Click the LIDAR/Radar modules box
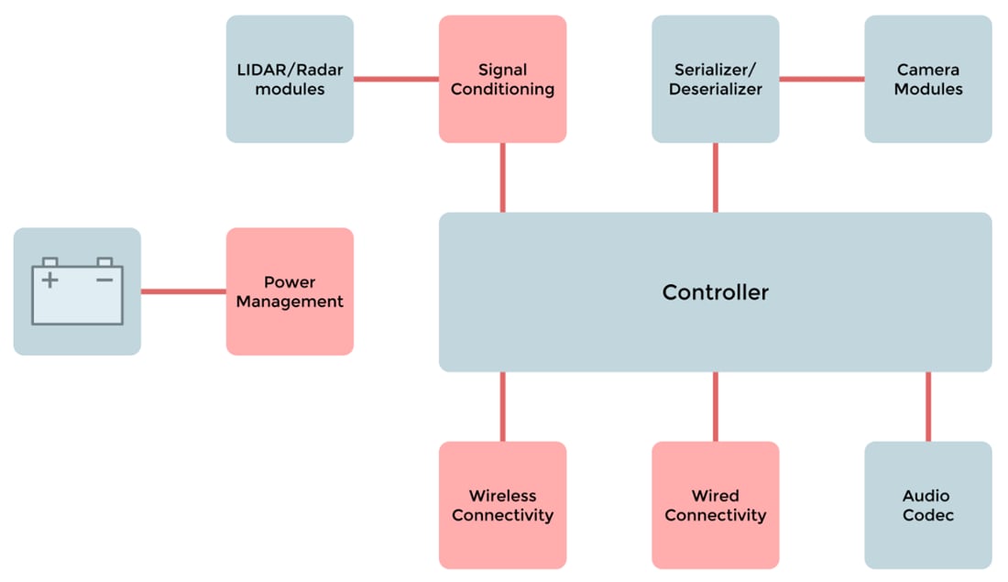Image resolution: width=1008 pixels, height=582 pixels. tap(290, 79)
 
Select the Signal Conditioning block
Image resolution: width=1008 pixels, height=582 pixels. tap(502, 79)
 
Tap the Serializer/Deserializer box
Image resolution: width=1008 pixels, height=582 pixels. tap(715, 79)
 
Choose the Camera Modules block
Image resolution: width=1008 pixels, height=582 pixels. tap(927, 79)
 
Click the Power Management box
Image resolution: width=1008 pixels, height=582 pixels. tap(290, 291)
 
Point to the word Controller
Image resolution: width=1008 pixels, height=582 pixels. tap(715, 292)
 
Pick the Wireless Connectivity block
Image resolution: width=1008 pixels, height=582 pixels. tap(502, 505)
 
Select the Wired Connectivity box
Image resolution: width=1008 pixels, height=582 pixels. tap(715, 505)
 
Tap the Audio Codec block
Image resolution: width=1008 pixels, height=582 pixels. tap(927, 505)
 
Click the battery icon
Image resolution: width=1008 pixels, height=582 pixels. tap(77, 291)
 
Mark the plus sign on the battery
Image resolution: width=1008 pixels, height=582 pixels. tap(50, 280)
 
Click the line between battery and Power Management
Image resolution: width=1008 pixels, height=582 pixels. tap(183, 291)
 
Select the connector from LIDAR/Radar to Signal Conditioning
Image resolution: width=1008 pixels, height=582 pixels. tap(396, 79)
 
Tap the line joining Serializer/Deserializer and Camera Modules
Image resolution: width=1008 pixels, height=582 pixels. tap(821, 79)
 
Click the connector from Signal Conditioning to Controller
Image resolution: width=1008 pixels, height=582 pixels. tap(502, 178)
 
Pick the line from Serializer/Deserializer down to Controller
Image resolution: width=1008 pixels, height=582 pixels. tap(715, 178)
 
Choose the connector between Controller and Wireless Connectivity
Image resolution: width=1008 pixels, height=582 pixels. tap(502, 406)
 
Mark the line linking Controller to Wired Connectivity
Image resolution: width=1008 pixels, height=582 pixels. tap(715, 406)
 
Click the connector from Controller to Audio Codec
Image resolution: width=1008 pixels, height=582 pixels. tap(927, 406)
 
